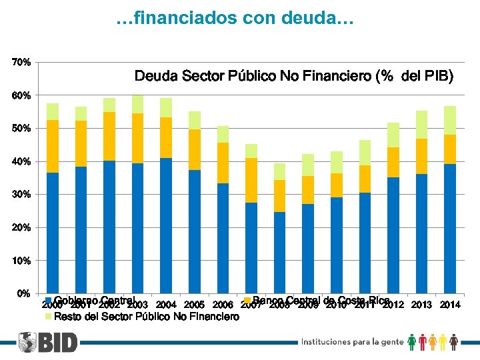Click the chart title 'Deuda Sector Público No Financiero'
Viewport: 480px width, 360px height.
pos(293,77)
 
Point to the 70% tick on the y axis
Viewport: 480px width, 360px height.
pos(21,62)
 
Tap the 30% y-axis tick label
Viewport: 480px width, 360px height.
pos(21,194)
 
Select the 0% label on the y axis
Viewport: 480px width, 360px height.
pos(23,293)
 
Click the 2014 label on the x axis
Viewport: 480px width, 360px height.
pos(450,305)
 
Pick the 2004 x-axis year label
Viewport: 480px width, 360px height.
pos(166,305)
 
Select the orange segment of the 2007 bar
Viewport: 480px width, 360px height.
pos(251,180)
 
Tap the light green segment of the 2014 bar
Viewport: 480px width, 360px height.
pos(450,120)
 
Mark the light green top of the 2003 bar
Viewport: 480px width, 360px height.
pos(138,104)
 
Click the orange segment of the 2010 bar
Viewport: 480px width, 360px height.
pos(337,185)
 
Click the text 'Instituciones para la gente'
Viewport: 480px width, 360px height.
pos(352,342)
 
